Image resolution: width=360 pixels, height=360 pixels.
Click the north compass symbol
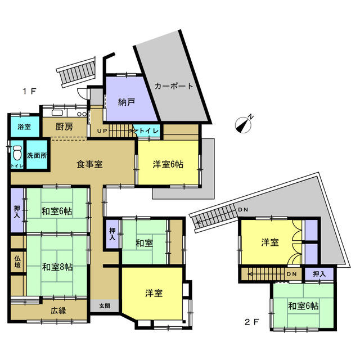coord(244,124)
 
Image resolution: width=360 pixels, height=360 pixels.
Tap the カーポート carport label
coord(174,86)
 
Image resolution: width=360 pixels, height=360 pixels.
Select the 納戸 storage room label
coord(126,102)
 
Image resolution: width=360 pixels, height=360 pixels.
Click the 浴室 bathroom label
coord(24,127)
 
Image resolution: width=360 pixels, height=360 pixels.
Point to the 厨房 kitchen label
coord(64,127)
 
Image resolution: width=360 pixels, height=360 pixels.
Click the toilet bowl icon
coord(17,152)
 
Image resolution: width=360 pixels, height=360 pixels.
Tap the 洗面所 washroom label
coord(37,156)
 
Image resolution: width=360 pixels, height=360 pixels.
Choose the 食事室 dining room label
coord(89,164)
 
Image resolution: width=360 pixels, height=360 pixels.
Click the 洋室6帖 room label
coord(168,164)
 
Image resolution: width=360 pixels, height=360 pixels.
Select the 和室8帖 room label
coord(57,267)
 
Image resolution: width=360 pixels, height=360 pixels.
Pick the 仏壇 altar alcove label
coord(17,262)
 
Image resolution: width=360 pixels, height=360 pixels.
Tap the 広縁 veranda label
coord(58,310)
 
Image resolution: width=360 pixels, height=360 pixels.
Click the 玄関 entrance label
coord(105,306)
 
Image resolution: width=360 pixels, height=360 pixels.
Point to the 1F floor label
coord(29,92)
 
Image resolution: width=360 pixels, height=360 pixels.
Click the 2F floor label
coord(251,322)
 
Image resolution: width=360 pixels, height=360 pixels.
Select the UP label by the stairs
coord(102,131)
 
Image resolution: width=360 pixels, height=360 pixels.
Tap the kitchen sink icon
coord(57,112)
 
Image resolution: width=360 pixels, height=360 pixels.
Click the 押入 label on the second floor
coord(319,274)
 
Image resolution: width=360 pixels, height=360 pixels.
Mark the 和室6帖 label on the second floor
coord(303,306)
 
